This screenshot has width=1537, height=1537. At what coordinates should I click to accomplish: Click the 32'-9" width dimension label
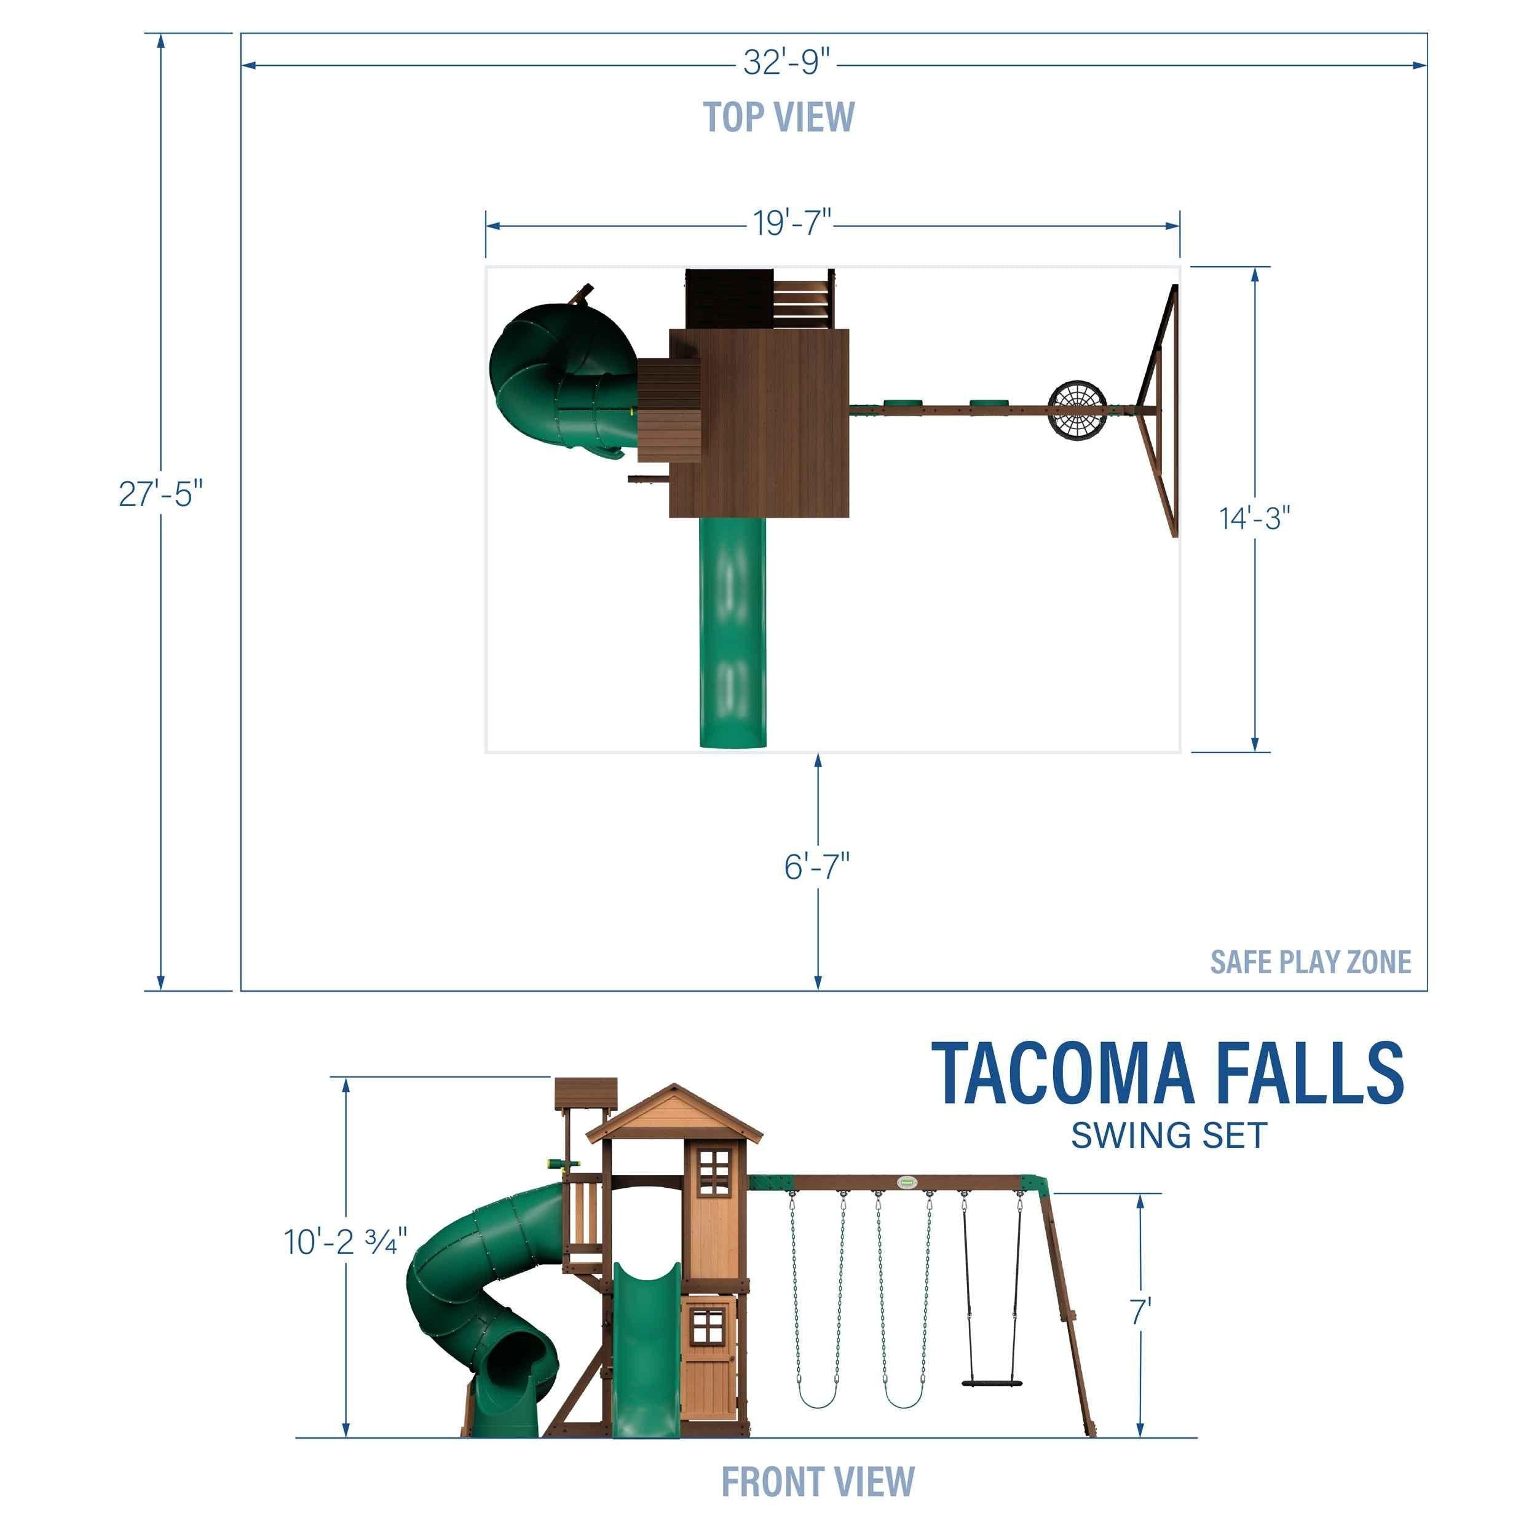point(786,62)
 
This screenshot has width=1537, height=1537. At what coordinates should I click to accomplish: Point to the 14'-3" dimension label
point(1255,518)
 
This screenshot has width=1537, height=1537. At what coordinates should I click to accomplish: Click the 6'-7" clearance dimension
point(817,866)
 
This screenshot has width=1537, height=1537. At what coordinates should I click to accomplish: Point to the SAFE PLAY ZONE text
point(1310,962)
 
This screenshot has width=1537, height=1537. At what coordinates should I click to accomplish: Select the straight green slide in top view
point(733,633)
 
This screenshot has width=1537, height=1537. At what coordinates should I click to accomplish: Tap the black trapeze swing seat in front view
point(990,1382)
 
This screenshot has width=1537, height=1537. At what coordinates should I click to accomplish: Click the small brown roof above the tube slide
point(585,1091)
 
